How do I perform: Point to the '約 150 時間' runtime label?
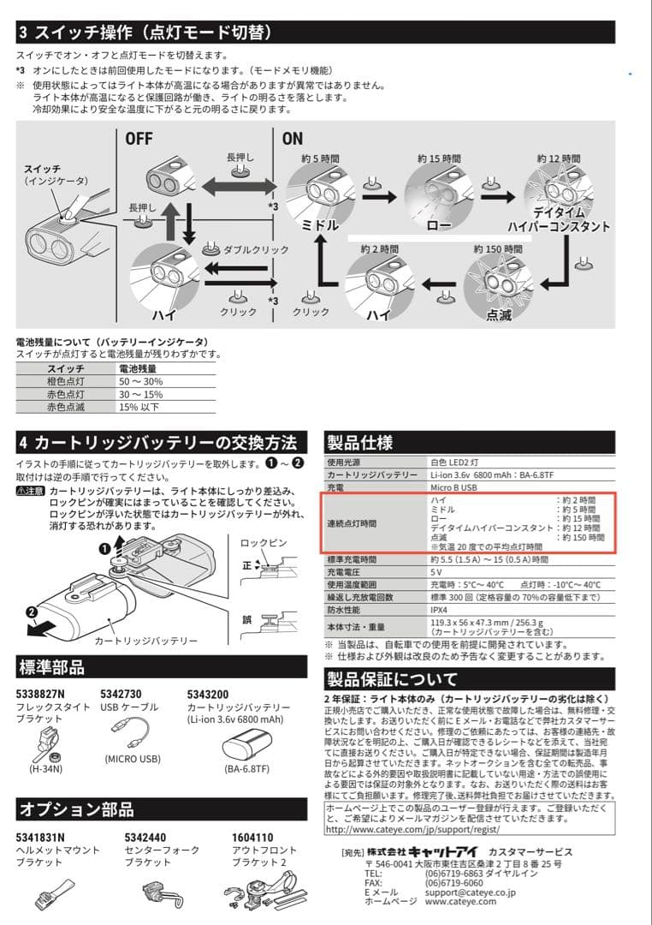[x=496, y=248]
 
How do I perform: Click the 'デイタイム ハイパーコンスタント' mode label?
[x=558, y=219]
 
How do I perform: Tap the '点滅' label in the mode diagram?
[x=498, y=315]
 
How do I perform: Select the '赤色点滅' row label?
[x=65, y=407]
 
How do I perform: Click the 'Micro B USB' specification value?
[x=453, y=486]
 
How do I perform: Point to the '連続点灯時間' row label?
[x=351, y=522]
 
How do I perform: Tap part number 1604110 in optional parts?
[x=252, y=837]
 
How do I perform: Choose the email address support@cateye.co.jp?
[x=470, y=892]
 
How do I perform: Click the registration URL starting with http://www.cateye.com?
[x=413, y=830]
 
